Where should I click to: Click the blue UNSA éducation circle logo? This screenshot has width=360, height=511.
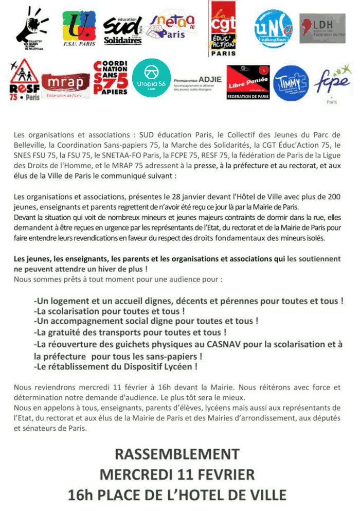point(274,29)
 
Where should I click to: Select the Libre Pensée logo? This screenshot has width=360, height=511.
point(248,82)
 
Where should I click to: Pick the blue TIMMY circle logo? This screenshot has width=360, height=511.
point(292,83)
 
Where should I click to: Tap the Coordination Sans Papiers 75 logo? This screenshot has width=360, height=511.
point(111,78)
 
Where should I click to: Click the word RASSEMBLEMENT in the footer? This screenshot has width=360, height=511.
point(177,454)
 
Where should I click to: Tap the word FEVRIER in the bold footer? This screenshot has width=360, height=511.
point(217,474)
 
